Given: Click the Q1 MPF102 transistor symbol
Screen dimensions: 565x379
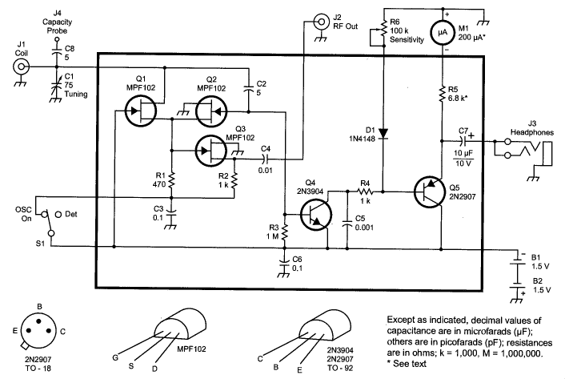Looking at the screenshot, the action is pyautogui.click(x=141, y=111).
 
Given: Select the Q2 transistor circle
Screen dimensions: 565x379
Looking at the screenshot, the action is pyautogui.click(x=211, y=111).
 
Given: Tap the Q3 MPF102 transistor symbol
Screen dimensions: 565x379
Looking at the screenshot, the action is pyautogui.click(x=211, y=151).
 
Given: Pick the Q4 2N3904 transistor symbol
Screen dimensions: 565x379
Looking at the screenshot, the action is pyautogui.click(x=316, y=215).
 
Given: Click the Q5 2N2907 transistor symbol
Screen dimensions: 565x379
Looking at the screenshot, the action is pyautogui.click(x=430, y=192).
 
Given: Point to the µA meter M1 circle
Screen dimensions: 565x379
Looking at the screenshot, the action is pyautogui.click(x=443, y=33).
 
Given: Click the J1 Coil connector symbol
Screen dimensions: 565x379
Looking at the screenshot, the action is pyautogui.click(x=21, y=67).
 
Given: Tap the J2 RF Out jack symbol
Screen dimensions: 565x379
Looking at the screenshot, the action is pyautogui.click(x=321, y=22).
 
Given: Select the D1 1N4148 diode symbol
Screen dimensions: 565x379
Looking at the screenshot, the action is pyautogui.click(x=383, y=134).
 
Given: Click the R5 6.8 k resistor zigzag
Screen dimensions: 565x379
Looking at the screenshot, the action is pyautogui.click(x=442, y=95).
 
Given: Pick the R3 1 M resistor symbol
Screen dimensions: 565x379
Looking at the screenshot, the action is pyautogui.click(x=285, y=232).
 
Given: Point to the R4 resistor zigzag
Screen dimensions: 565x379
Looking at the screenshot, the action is pyautogui.click(x=365, y=192).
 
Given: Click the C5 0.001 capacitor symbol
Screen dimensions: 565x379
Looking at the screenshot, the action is pyautogui.click(x=347, y=223).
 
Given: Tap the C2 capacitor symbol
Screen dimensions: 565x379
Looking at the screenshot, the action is pyautogui.click(x=248, y=89).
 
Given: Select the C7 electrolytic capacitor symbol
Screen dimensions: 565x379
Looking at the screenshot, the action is pyautogui.click(x=463, y=141).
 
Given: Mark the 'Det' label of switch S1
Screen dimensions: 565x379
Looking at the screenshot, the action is pyautogui.click(x=71, y=214).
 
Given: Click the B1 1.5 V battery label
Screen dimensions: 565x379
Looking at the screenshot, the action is pyautogui.click(x=540, y=262).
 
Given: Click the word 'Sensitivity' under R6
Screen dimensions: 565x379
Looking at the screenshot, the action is pyautogui.click(x=407, y=40).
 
